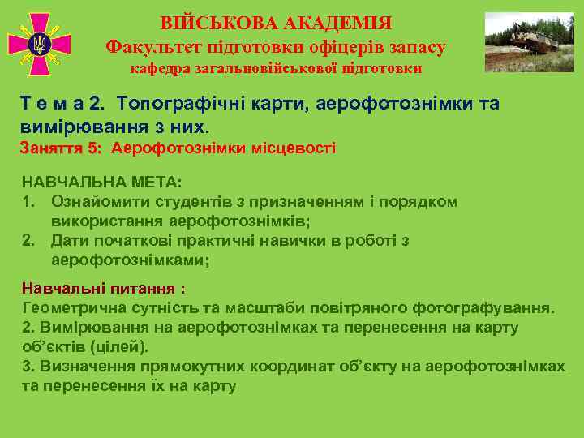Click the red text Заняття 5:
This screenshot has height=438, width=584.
click(62, 148)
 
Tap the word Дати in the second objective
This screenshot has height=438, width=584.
click(68, 241)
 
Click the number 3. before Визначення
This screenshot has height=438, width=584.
click(27, 367)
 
